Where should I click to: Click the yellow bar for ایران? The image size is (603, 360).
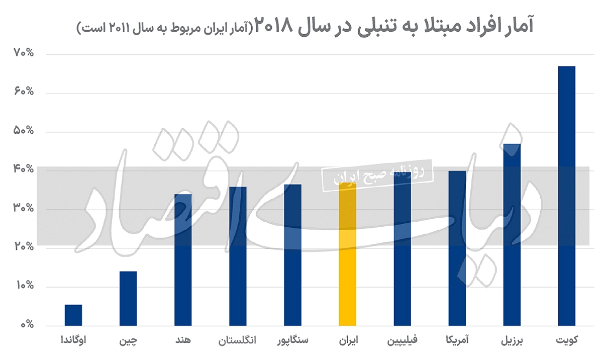click(348, 254)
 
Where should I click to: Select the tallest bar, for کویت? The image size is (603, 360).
click(567, 196)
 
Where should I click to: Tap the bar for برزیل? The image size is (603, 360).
click(512, 234)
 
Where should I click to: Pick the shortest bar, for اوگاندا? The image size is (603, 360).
click(73, 315)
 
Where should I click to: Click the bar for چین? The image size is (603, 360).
click(128, 298)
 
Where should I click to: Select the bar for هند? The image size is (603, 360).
click(183, 259)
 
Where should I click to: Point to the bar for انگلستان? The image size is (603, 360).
click(238, 256)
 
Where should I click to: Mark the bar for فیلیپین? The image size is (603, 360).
click(403, 249)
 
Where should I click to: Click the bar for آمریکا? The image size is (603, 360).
click(457, 248)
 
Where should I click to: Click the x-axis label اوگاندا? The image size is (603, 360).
click(73, 340)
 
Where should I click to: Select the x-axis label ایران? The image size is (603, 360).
click(348, 340)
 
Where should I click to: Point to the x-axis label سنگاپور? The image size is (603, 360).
click(293, 340)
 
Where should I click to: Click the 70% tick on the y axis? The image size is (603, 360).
click(23, 53)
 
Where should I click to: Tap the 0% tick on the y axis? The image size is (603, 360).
click(26, 325)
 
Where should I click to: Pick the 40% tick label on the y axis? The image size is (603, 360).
click(23, 170)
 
